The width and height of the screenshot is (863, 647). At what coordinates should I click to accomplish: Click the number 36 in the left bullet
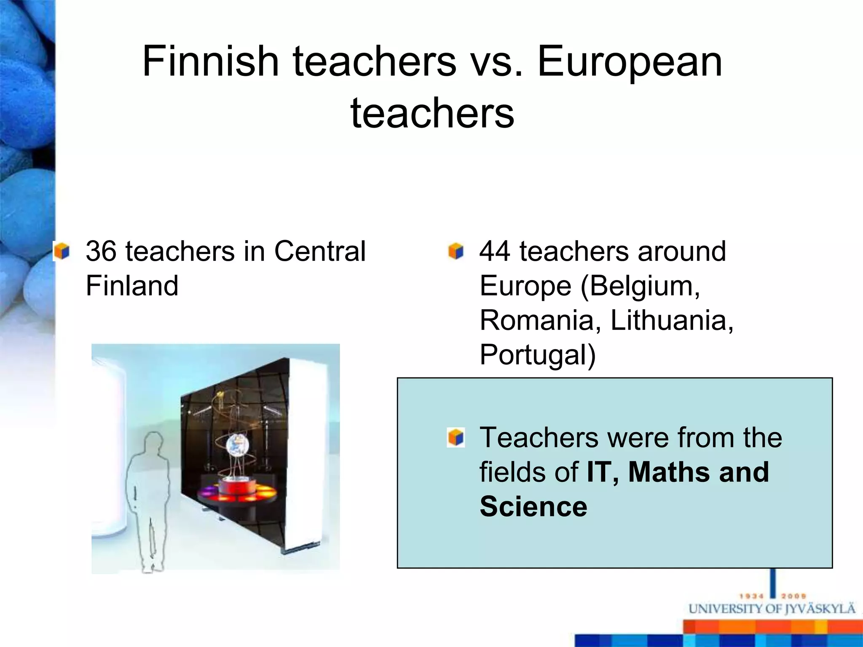(x=101, y=251)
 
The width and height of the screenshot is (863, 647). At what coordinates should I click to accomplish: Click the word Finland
(x=132, y=286)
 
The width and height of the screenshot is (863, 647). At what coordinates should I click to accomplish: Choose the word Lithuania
(x=671, y=321)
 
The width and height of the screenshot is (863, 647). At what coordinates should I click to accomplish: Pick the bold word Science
(x=533, y=507)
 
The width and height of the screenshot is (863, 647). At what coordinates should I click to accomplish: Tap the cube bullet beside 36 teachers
(x=62, y=251)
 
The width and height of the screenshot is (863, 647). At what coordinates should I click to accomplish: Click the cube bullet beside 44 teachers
(x=456, y=251)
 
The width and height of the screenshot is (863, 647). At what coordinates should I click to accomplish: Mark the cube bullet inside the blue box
(x=456, y=438)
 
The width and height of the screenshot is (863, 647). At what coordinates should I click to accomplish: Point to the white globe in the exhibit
(x=236, y=445)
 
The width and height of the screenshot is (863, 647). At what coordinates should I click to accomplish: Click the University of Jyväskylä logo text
(x=771, y=610)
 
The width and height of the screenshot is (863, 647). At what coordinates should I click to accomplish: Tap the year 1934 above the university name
(x=752, y=596)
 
